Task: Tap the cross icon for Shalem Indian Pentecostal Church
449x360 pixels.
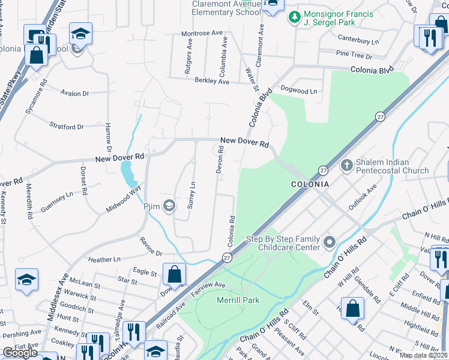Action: coord(346,166)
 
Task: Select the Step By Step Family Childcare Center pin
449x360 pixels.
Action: coord(329,242)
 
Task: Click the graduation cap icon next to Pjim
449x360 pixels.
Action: coord(169,206)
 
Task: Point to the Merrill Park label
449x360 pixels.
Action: coord(238,299)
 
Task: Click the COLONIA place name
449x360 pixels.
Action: coord(310,184)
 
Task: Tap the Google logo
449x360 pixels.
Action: coord(20,353)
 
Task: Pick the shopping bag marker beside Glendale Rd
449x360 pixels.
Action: coord(352,309)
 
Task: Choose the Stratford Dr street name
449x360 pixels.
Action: coord(67,127)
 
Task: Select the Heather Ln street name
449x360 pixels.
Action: coord(104,259)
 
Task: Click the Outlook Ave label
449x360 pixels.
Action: coord(363,197)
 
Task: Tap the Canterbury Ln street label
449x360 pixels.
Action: coord(358,42)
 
